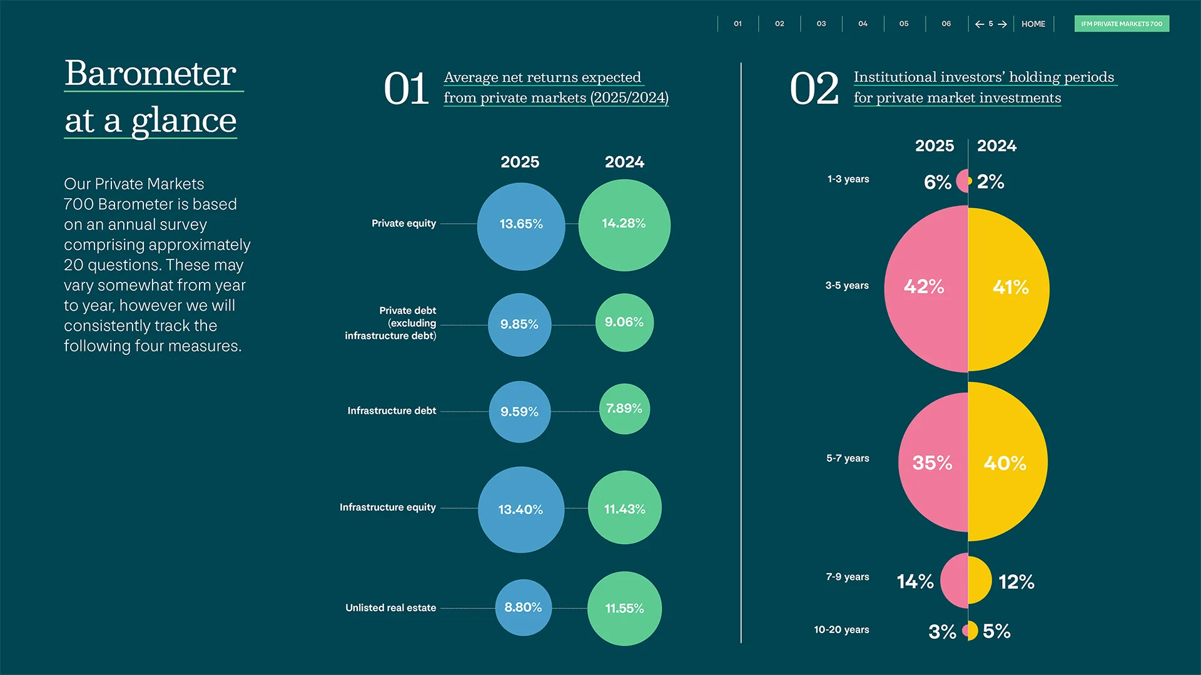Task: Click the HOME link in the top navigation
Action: click(x=1033, y=24)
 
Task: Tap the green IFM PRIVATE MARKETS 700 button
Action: click(x=1122, y=24)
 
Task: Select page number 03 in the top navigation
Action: click(x=821, y=24)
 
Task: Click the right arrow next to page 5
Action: click(x=1003, y=24)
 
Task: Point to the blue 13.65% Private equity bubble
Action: click(x=520, y=226)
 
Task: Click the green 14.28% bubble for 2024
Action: click(x=624, y=225)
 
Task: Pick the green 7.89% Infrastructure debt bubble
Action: click(x=624, y=409)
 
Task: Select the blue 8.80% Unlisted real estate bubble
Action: click(x=523, y=607)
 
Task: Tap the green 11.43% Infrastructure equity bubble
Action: click(x=624, y=507)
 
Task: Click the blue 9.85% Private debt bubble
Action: click(x=519, y=324)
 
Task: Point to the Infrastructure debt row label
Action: click(x=392, y=411)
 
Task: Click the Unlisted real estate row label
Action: click(x=390, y=607)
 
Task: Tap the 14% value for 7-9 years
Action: click(x=915, y=582)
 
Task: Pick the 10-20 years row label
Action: click(x=841, y=629)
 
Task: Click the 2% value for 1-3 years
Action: click(x=990, y=182)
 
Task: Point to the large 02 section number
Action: click(x=814, y=89)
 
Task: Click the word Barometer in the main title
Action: click(x=151, y=74)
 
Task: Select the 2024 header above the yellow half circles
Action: click(x=996, y=146)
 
